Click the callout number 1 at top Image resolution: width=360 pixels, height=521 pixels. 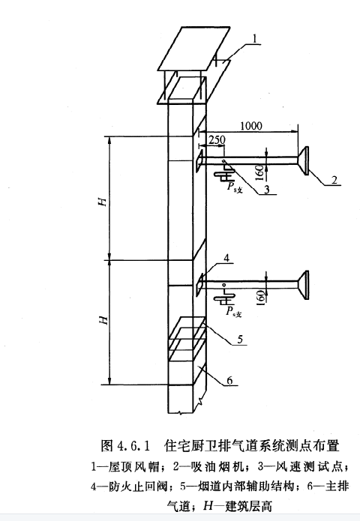(255, 38)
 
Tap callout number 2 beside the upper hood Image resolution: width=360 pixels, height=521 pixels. (334, 180)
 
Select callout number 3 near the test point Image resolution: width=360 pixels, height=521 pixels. (266, 189)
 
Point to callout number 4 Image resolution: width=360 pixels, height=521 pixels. (226, 258)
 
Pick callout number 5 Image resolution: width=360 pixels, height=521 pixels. (240, 339)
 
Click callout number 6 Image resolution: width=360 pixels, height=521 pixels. (229, 380)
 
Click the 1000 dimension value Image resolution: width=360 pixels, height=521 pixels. (251, 126)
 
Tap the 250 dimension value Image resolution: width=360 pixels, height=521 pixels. (217, 139)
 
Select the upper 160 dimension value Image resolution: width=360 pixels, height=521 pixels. (260, 172)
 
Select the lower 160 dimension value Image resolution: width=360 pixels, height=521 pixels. (261, 296)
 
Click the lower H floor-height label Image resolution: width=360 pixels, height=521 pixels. (103, 320)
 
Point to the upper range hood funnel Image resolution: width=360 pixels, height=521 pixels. (304, 160)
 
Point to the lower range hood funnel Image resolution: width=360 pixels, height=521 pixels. (304, 285)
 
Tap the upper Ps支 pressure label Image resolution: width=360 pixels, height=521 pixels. (235, 187)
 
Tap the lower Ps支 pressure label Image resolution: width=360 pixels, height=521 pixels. (234, 313)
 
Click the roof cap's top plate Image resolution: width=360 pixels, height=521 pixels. (193, 49)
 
